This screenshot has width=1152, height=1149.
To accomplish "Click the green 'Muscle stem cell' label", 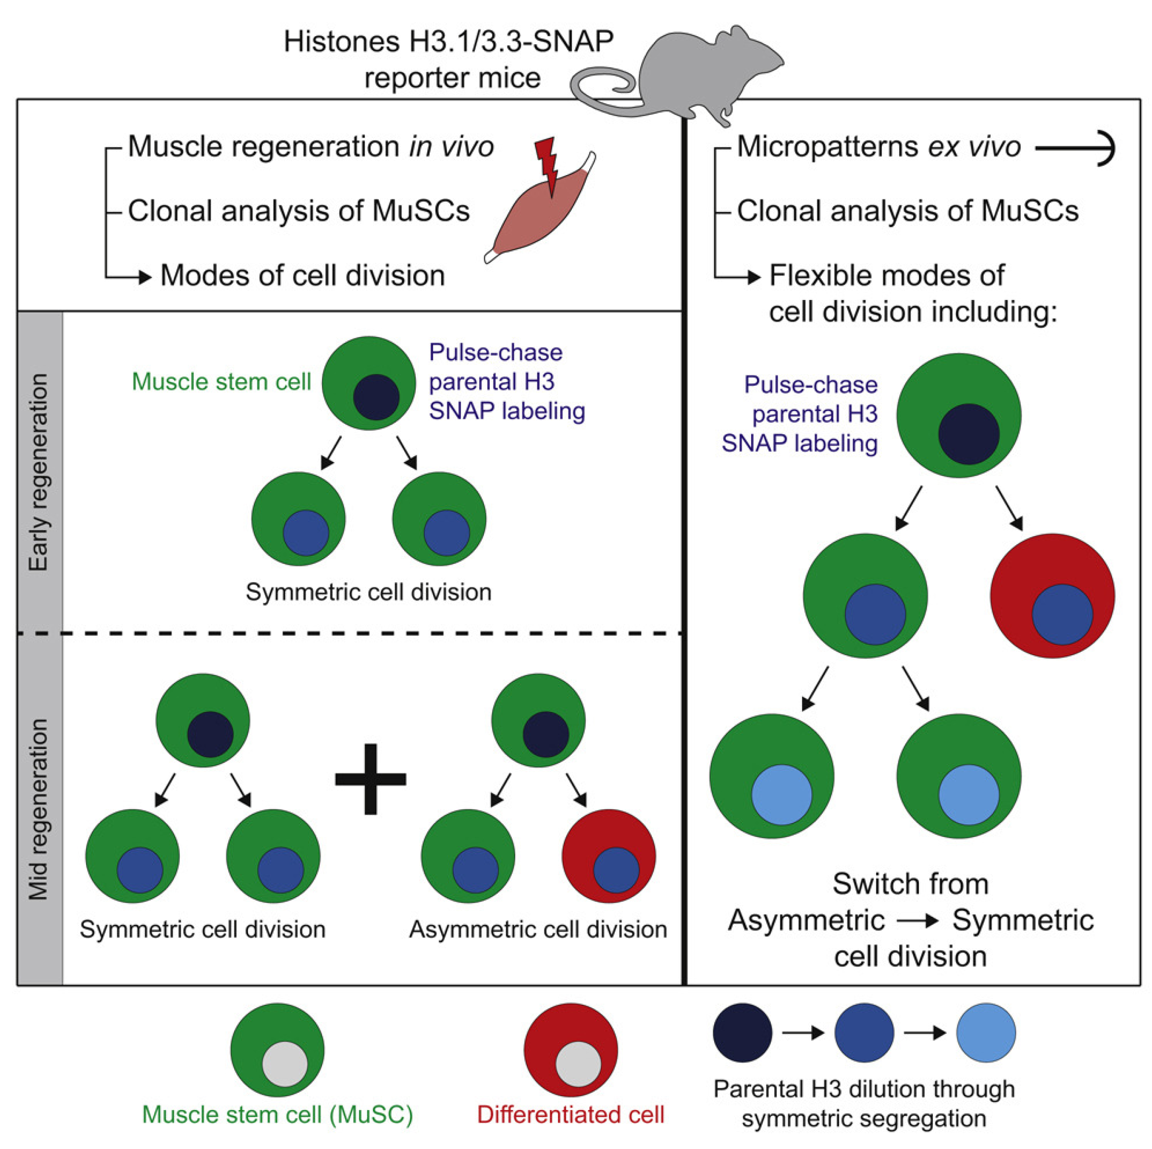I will tap(221, 382).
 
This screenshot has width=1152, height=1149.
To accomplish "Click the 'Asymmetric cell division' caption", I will tap(537, 929).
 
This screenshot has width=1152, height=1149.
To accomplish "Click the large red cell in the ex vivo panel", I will tap(1052, 595).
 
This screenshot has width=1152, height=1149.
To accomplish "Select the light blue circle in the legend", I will tap(986, 1033).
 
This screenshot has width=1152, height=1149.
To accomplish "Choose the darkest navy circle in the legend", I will tap(743, 1033).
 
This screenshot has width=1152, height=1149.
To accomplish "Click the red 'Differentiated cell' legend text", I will tap(570, 1114).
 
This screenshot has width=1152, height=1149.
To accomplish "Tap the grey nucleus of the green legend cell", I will tap(285, 1064).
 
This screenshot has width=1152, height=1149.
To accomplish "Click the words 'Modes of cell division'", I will tap(302, 275).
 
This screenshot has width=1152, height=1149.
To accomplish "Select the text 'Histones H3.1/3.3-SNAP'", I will tap(448, 42).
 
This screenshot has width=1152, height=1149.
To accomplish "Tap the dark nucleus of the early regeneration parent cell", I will tap(376, 397).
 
